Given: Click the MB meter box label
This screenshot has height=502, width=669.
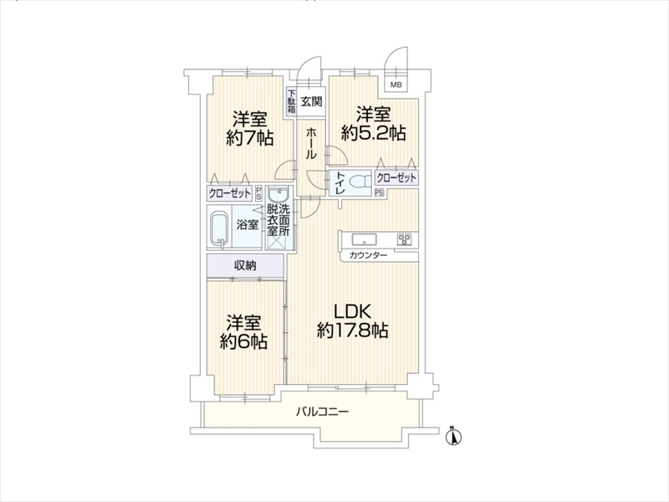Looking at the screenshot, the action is tap(396, 85).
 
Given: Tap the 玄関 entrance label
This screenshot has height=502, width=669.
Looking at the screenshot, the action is tap(311, 101).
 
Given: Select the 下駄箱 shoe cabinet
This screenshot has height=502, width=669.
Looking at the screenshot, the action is tap(291, 101).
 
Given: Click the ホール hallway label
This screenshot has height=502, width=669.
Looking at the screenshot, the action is tap(311, 144).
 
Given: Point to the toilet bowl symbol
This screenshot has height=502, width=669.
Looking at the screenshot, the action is tap(360, 182).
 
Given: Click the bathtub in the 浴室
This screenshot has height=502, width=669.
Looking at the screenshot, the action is tap(220, 228).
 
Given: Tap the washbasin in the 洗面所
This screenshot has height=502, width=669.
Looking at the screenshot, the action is tap(279, 197).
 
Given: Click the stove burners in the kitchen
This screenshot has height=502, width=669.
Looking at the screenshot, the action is tap(404, 239).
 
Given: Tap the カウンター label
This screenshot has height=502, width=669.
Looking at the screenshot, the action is tap(368, 255).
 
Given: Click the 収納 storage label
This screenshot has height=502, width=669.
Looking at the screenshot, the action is tap(245, 265).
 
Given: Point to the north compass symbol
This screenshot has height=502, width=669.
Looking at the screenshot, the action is tap(454, 436).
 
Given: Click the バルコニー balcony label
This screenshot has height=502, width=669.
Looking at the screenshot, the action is tap(323, 412).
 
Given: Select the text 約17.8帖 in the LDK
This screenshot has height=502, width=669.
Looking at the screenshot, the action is tap(352, 330).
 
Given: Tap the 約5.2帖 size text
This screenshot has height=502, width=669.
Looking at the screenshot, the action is tap(373, 133).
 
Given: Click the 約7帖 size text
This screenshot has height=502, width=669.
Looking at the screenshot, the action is tap(249, 137).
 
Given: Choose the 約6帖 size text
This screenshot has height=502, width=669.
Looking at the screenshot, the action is tap(243, 341).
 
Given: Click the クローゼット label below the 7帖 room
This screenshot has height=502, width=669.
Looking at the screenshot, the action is tap(229, 194).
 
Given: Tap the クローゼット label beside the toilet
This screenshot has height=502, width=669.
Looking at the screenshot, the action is tap(396, 177).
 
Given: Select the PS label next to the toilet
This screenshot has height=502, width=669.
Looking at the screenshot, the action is tap(380, 193).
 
